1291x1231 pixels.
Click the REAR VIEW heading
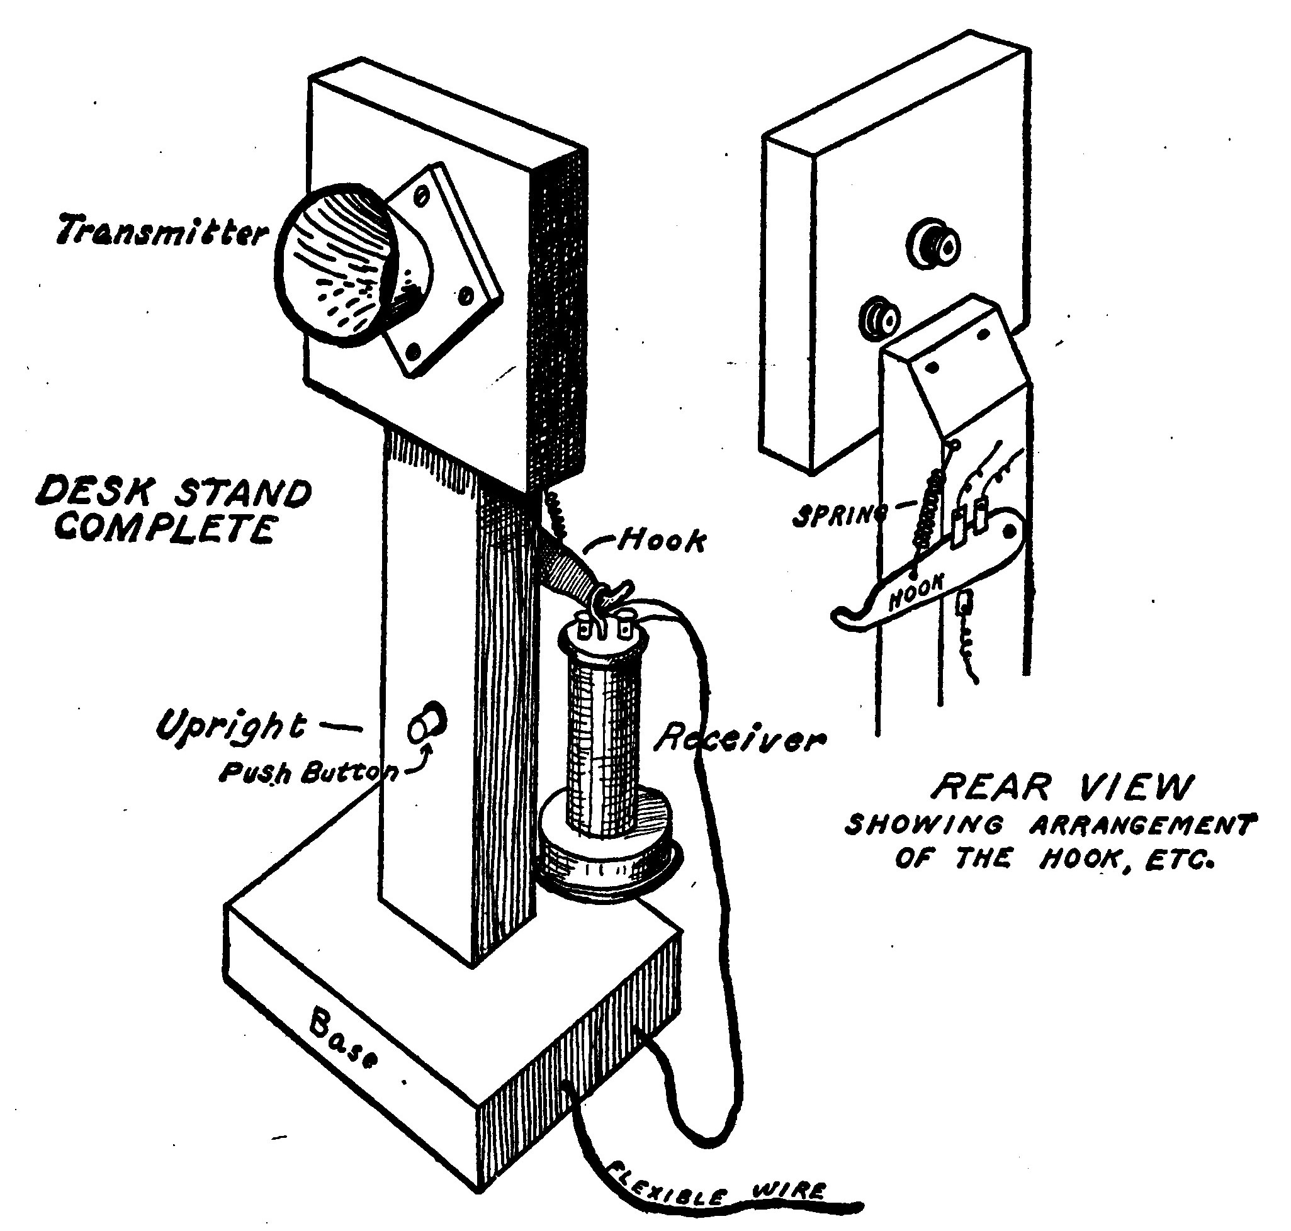1060,787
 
